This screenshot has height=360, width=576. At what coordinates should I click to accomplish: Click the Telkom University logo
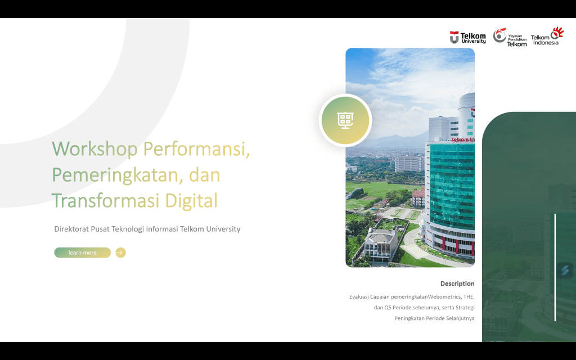click(x=467, y=38)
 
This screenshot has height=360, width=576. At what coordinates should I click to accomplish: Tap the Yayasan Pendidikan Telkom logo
click(x=510, y=37)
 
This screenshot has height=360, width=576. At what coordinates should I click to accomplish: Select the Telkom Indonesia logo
click(x=547, y=35)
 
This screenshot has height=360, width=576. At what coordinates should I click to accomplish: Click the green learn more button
click(x=82, y=253)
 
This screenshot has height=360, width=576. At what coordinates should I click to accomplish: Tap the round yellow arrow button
click(x=120, y=253)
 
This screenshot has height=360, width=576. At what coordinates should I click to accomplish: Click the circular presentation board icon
click(x=345, y=120)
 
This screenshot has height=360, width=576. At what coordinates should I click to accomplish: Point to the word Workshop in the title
click(x=94, y=149)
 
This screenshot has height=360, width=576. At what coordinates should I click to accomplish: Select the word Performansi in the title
click(x=196, y=149)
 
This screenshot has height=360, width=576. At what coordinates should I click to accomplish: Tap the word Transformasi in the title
click(x=105, y=201)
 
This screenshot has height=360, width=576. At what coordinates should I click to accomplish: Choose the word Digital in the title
click(x=191, y=201)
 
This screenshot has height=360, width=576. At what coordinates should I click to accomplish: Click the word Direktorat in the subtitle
click(x=71, y=229)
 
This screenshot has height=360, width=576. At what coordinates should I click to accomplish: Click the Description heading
click(x=457, y=283)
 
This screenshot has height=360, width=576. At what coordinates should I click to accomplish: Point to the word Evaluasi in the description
click(x=359, y=296)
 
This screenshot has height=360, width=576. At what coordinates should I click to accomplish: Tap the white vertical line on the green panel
click(x=555, y=267)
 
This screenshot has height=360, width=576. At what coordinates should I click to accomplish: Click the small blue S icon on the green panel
click(x=565, y=271)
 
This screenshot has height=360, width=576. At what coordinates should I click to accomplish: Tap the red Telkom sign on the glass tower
click(x=463, y=139)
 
